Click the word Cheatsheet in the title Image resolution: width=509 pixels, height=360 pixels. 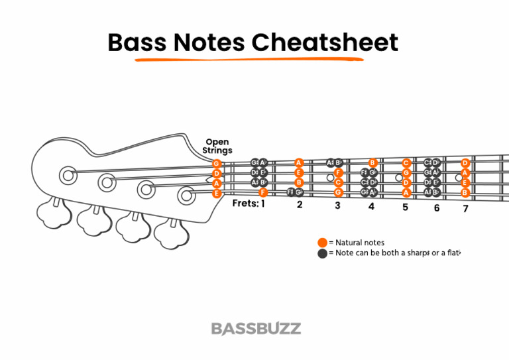pyautogui.click(x=325, y=42)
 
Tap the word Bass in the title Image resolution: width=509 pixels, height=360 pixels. pyautogui.click(x=137, y=42)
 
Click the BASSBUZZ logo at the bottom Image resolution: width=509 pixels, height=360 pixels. pyautogui.click(x=256, y=328)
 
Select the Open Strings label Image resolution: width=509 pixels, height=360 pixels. pyautogui.click(x=217, y=147)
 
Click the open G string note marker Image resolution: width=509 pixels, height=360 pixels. pyautogui.click(x=217, y=163)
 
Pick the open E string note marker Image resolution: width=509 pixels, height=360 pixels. pyautogui.click(x=217, y=194)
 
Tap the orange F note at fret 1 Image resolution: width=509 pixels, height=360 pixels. pyautogui.click(x=263, y=192)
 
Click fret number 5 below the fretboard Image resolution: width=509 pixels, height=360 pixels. pyautogui.click(x=405, y=207)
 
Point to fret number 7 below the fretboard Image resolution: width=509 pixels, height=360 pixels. pyautogui.click(x=465, y=209)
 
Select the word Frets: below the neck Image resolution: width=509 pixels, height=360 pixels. pyautogui.click(x=245, y=204)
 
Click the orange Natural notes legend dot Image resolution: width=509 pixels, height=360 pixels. pyautogui.click(x=323, y=243)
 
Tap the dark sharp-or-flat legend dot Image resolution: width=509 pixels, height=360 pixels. pyautogui.click(x=323, y=253)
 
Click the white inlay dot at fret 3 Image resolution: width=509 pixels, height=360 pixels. pyautogui.click(x=329, y=178)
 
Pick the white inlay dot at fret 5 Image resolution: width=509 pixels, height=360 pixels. pyautogui.click(x=398, y=178)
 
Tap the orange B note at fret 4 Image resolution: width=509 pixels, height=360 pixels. pyautogui.click(x=372, y=162)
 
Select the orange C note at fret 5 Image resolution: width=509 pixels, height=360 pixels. pyautogui.click(x=406, y=163)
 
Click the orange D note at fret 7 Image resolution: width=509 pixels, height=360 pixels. pyautogui.click(x=465, y=163)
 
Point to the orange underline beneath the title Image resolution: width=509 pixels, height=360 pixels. pyautogui.click(x=249, y=59)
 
